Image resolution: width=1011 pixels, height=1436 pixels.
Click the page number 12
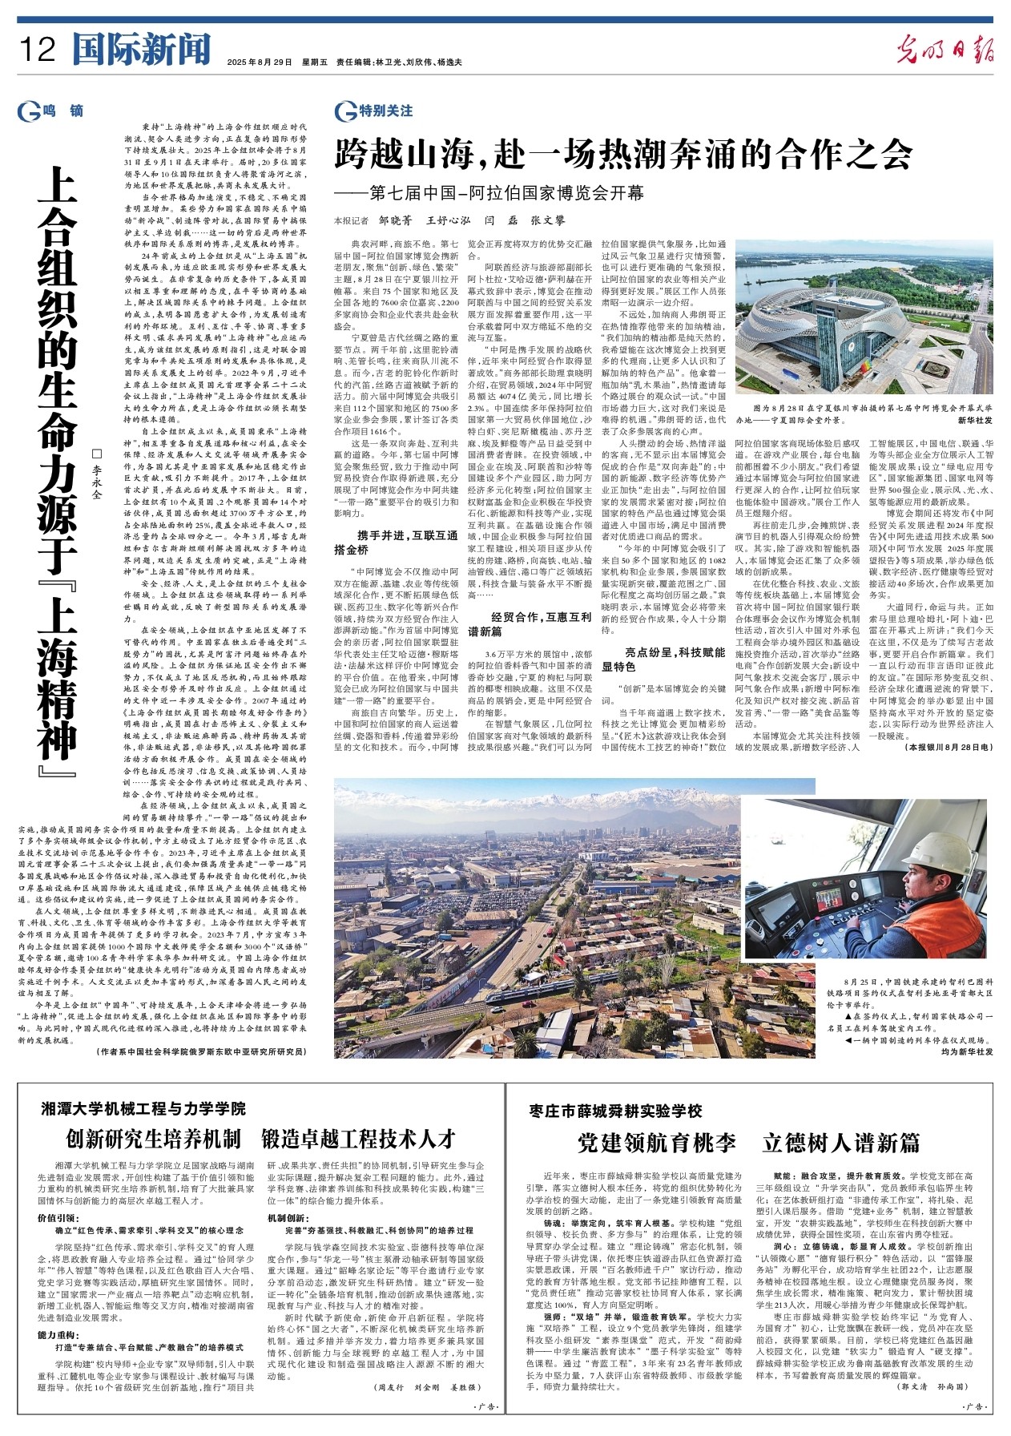coord(38,50)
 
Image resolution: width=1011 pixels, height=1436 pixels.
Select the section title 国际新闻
coord(141,50)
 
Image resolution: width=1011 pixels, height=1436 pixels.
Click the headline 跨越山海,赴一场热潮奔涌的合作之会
coord(623,152)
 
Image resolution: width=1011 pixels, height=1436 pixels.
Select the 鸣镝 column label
coord(62,111)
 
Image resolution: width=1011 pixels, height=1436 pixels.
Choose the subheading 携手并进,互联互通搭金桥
coord(397,543)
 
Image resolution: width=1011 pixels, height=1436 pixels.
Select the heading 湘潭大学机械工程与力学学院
coord(144,1108)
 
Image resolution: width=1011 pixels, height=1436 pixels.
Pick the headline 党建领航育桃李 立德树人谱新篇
coord(748,1142)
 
